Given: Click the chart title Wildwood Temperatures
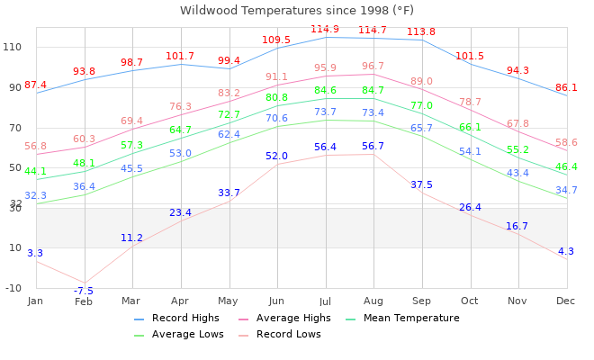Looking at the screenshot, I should [x=297, y=11].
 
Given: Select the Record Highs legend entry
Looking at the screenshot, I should [x=184, y=319].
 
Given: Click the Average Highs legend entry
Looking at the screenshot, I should [x=289, y=319].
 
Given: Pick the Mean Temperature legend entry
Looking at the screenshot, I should [x=410, y=319].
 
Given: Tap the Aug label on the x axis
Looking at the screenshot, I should [x=373, y=301].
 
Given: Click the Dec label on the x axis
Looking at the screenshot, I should [x=566, y=301].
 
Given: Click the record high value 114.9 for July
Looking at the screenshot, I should [x=325, y=30].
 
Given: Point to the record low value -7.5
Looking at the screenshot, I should [x=84, y=292].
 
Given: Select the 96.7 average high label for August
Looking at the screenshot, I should [x=373, y=67].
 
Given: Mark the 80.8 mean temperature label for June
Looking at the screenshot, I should [x=276, y=98].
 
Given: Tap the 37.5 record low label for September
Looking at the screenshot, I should [x=421, y=185].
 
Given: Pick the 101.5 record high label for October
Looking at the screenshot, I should [x=469, y=57].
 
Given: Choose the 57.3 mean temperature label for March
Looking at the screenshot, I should [x=131, y=146].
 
